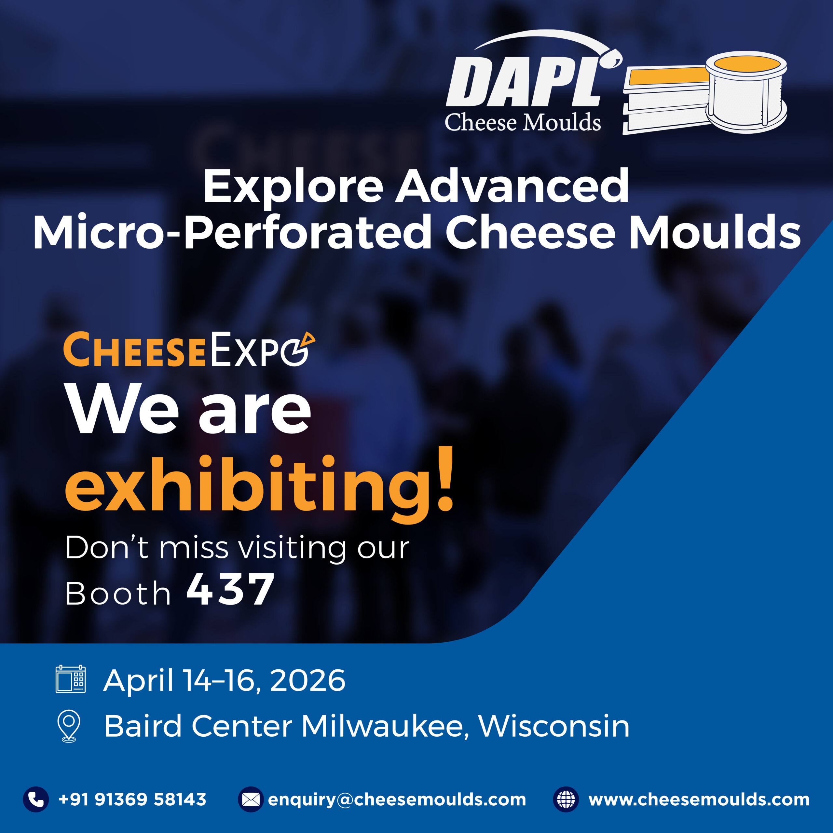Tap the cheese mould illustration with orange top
point(704,93)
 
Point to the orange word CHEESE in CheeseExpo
point(134,350)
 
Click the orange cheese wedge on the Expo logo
point(308,340)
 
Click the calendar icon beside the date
point(71,679)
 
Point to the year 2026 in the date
point(307,681)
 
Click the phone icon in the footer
point(36,799)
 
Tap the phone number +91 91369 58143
point(132,799)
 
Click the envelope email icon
point(251,800)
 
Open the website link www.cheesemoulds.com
point(699,800)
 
